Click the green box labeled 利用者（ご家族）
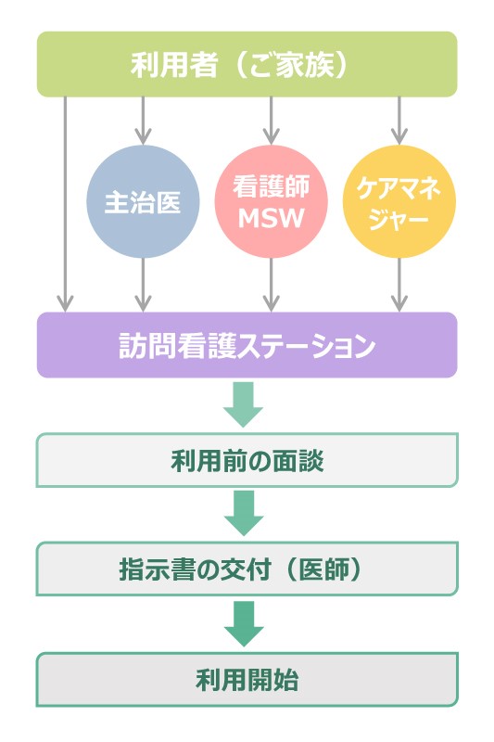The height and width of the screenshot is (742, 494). coord(247,64)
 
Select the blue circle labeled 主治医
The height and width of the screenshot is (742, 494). coord(143,202)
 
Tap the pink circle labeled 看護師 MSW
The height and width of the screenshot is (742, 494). coord(271,202)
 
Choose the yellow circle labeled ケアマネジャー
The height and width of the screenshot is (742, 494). coord(399,202)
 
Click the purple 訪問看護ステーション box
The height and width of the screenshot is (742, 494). coord(247,345)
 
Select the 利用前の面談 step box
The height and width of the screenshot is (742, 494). coord(247,460)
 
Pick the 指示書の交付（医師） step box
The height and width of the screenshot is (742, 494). coord(247,569)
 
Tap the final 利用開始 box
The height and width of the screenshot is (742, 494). coord(247,680)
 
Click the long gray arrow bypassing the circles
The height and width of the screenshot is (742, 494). coord(65,204)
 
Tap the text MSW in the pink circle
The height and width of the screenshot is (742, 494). coord(271,219)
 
